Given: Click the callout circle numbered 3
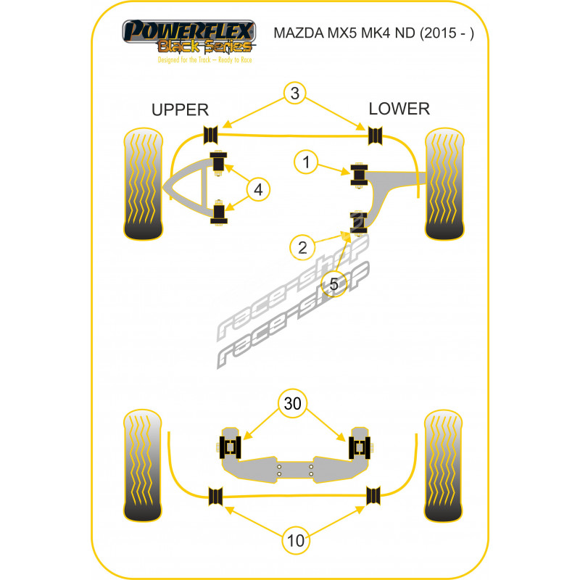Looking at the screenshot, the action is click(x=295, y=93).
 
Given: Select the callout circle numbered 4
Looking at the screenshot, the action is click(x=258, y=189).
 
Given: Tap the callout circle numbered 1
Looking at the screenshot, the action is click(x=306, y=162).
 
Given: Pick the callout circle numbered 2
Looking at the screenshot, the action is click(x=302, y=247).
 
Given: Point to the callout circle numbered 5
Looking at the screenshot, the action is click(x=334, y=283).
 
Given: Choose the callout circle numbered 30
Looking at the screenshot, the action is click(x=292, y=403).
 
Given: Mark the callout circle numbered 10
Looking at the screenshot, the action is click(x=296, y=540).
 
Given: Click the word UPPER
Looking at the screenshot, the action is click(x=180, y=110).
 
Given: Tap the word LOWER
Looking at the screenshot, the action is click(x=399, y=109).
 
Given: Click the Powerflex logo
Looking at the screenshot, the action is click(x=189, y=41).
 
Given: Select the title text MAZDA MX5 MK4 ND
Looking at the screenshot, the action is click(x=347, y=33).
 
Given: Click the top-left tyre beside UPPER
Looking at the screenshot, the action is click(x=143, y=184).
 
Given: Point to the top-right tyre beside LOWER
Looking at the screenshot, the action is click(x=444, y=184).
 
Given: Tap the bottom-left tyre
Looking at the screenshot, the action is click(x=142, y=465).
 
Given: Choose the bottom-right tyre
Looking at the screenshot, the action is click(x=443, y=465).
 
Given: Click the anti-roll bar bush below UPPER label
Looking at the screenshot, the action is click(x=211, y=135).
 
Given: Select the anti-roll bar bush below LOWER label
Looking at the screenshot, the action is click(x=375, y=136).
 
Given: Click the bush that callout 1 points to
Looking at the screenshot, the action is click(x=359, y=175).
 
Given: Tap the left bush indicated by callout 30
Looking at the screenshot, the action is click(x=230, y=447).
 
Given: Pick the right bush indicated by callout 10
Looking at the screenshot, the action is click(x=373, y=496).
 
